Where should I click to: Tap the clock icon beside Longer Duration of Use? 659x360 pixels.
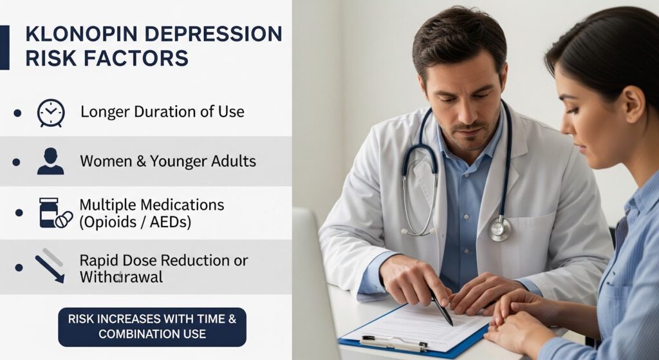pos(50,113)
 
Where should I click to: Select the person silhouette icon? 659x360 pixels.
pos(50,161)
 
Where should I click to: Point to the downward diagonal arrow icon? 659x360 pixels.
pos(50,268)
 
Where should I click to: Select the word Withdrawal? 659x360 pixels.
pos(121,278)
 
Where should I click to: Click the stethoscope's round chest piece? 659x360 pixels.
pos(499,229)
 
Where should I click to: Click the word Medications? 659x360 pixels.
pos(183,205)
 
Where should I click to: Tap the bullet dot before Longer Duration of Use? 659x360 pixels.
pos(17,113)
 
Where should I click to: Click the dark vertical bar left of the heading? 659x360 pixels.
pos(5,47)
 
